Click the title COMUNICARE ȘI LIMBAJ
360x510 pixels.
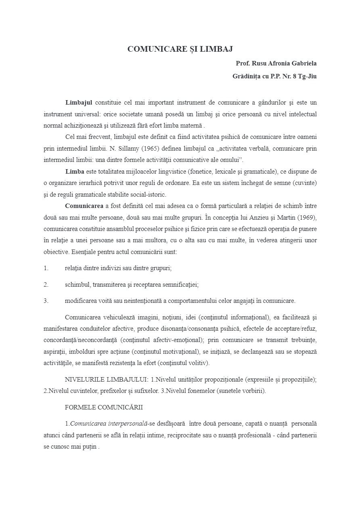click(x=180, y=49)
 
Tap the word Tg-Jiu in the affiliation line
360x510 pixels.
click(x=307, y=76)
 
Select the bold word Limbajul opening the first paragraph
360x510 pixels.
click(x=79, y=103)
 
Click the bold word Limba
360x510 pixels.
click(x=75, y=172)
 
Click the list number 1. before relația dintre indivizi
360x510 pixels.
click(x=46, y=268)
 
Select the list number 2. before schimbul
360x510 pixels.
click(x=46, y=285)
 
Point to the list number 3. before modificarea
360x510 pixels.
click(x=46, y=301)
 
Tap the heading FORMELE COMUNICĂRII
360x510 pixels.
click(x=104, y=407)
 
